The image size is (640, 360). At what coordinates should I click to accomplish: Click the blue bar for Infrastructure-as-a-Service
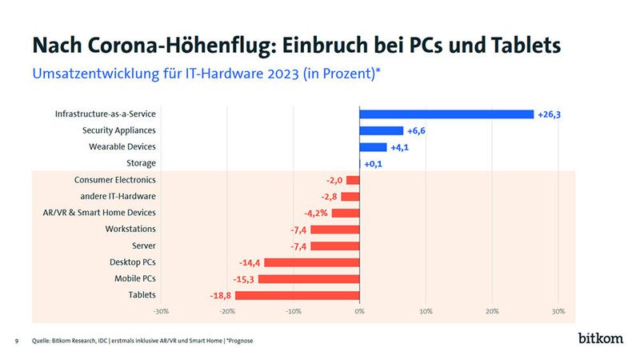tap(446, 114)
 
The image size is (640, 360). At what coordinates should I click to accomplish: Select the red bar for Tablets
tap(297, 295)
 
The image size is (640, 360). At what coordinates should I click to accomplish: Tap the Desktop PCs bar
tap(311, 262)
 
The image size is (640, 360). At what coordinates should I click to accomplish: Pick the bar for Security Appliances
tap(382, 130)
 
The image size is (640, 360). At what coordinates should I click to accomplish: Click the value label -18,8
tap(216, 295)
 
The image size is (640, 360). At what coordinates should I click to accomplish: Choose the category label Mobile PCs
tap(133, 278)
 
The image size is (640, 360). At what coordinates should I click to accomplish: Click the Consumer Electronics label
tap(115, 180)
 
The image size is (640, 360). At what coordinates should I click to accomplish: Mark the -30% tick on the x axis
tap(161, 311)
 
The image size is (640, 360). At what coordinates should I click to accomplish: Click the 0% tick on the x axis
tap(360, 311)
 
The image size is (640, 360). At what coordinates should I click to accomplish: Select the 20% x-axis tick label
tap(492, 311)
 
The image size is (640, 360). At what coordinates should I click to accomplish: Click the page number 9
tap(18, 341)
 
